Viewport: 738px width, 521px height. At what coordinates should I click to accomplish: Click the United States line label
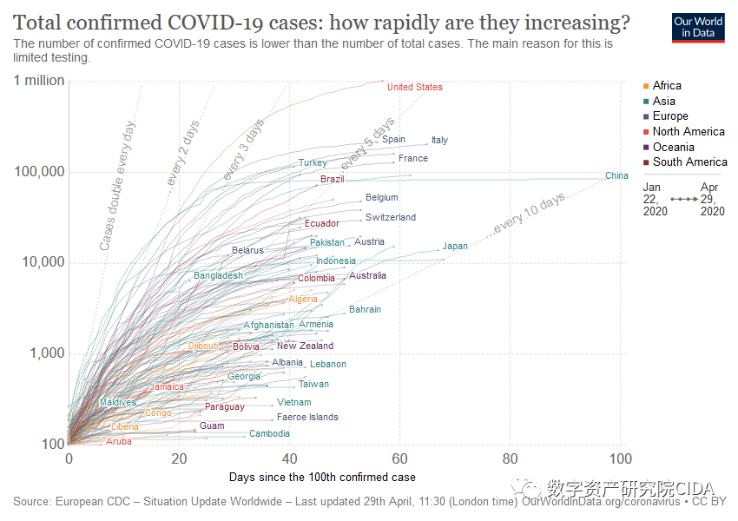(x=414, y=87)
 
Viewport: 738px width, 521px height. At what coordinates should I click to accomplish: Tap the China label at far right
(x=616, y=176)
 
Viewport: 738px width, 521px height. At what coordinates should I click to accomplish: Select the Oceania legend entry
(x=674, y=147)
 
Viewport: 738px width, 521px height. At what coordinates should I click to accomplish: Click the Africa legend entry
(x=667, y=85)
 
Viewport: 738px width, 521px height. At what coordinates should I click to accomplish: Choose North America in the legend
(x=689, y=131)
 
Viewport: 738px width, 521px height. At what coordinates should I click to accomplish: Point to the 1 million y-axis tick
(x=39, y=81)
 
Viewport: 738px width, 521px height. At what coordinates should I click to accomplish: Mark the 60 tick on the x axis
(x=399, y=458)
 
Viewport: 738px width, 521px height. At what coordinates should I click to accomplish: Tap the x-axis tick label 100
(x=620, y=458)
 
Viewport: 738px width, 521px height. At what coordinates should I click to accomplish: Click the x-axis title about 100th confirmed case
(x=322, y=477)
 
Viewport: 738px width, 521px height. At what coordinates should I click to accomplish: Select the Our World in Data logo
(x=699, y=28)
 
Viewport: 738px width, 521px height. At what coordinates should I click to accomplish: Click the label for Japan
(x=455, y=246)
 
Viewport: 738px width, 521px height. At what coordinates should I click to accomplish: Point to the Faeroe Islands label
(x=308, y=418)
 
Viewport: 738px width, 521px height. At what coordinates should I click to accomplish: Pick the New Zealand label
(x=305, y=346)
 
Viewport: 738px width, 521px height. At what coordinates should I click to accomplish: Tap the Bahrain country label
(x=365, y=310)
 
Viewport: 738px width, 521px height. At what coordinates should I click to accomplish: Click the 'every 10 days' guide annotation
(x=529, y=214)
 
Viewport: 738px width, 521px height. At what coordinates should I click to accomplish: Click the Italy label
(x=439, y=141)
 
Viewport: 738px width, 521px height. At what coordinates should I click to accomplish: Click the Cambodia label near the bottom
(x=269, y=434)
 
